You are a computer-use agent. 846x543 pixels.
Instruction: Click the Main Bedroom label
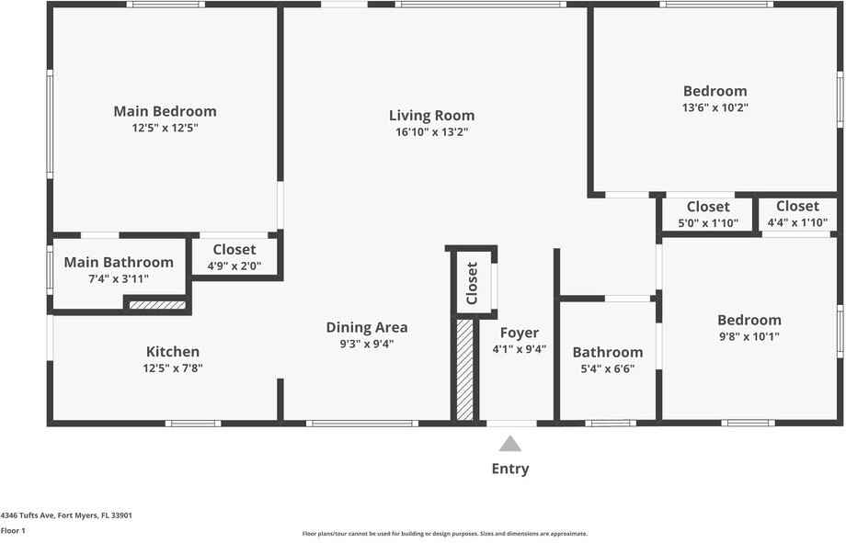[x=165, y=111]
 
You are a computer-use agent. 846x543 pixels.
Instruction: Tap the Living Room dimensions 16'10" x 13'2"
[x=431, y=132]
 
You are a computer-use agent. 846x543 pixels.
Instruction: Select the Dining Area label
[x=367, y=327]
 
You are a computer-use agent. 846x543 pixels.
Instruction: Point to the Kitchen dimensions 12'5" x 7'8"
[x=172, y=368]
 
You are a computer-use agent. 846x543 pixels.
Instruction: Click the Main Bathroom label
[x=119, y=263]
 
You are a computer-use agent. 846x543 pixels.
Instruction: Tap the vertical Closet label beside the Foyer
[x=472, y=283]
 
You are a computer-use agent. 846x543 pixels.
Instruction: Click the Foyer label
[x=520, y=333]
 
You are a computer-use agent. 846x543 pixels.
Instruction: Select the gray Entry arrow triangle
[x=510, y=444]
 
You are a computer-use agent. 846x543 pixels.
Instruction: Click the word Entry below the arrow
[x=510, y=469]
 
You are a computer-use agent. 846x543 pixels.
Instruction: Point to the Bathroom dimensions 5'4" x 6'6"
[x=608, y=369]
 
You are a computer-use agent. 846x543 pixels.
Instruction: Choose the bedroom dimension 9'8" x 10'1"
[x=749, y=336]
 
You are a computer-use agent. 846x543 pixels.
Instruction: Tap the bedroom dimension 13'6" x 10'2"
[x=715, y=107]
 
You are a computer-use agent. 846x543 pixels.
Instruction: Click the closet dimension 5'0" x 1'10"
[x=708, y=222]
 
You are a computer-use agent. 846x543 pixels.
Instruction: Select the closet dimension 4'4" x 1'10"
[x=797, y=222]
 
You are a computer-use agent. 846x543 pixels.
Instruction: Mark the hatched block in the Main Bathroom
[x=157, y=305]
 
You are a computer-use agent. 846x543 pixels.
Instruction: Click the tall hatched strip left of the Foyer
[x=465, y=369]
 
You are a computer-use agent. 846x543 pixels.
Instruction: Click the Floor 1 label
[x=13, y=530]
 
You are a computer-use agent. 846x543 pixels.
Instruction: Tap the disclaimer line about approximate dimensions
[x=445, y=534]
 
